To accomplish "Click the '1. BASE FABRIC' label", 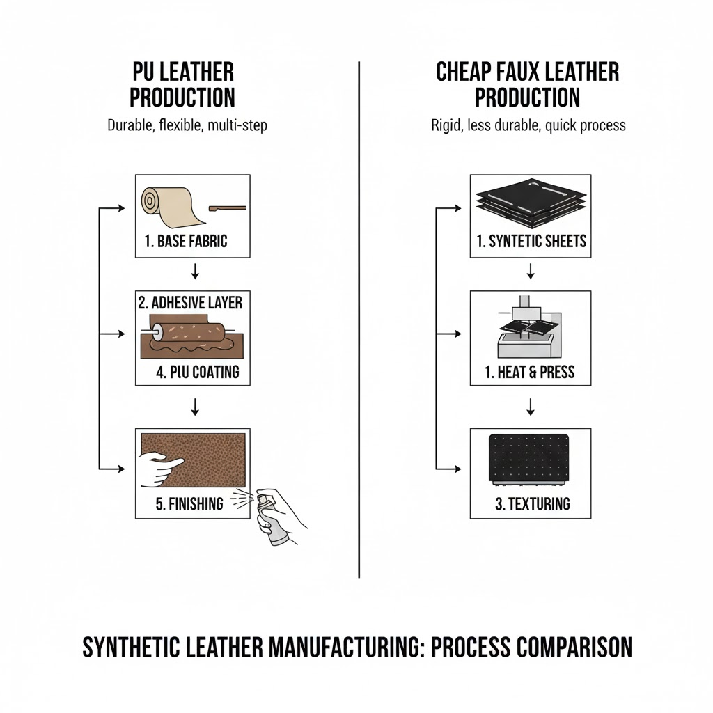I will tap(186, 242).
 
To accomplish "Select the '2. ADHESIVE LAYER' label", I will tap(190, 302).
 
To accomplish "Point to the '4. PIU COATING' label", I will tap(198, 372).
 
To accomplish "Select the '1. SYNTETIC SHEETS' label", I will tap(531, 242).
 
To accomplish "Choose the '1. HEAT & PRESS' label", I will tap(530, 373).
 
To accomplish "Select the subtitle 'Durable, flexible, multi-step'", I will tap(187, 126).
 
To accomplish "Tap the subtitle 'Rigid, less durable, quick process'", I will tap(528, 126).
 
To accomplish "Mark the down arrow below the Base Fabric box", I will tap(195, 269).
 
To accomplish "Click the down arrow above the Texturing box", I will tap(531, 406).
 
